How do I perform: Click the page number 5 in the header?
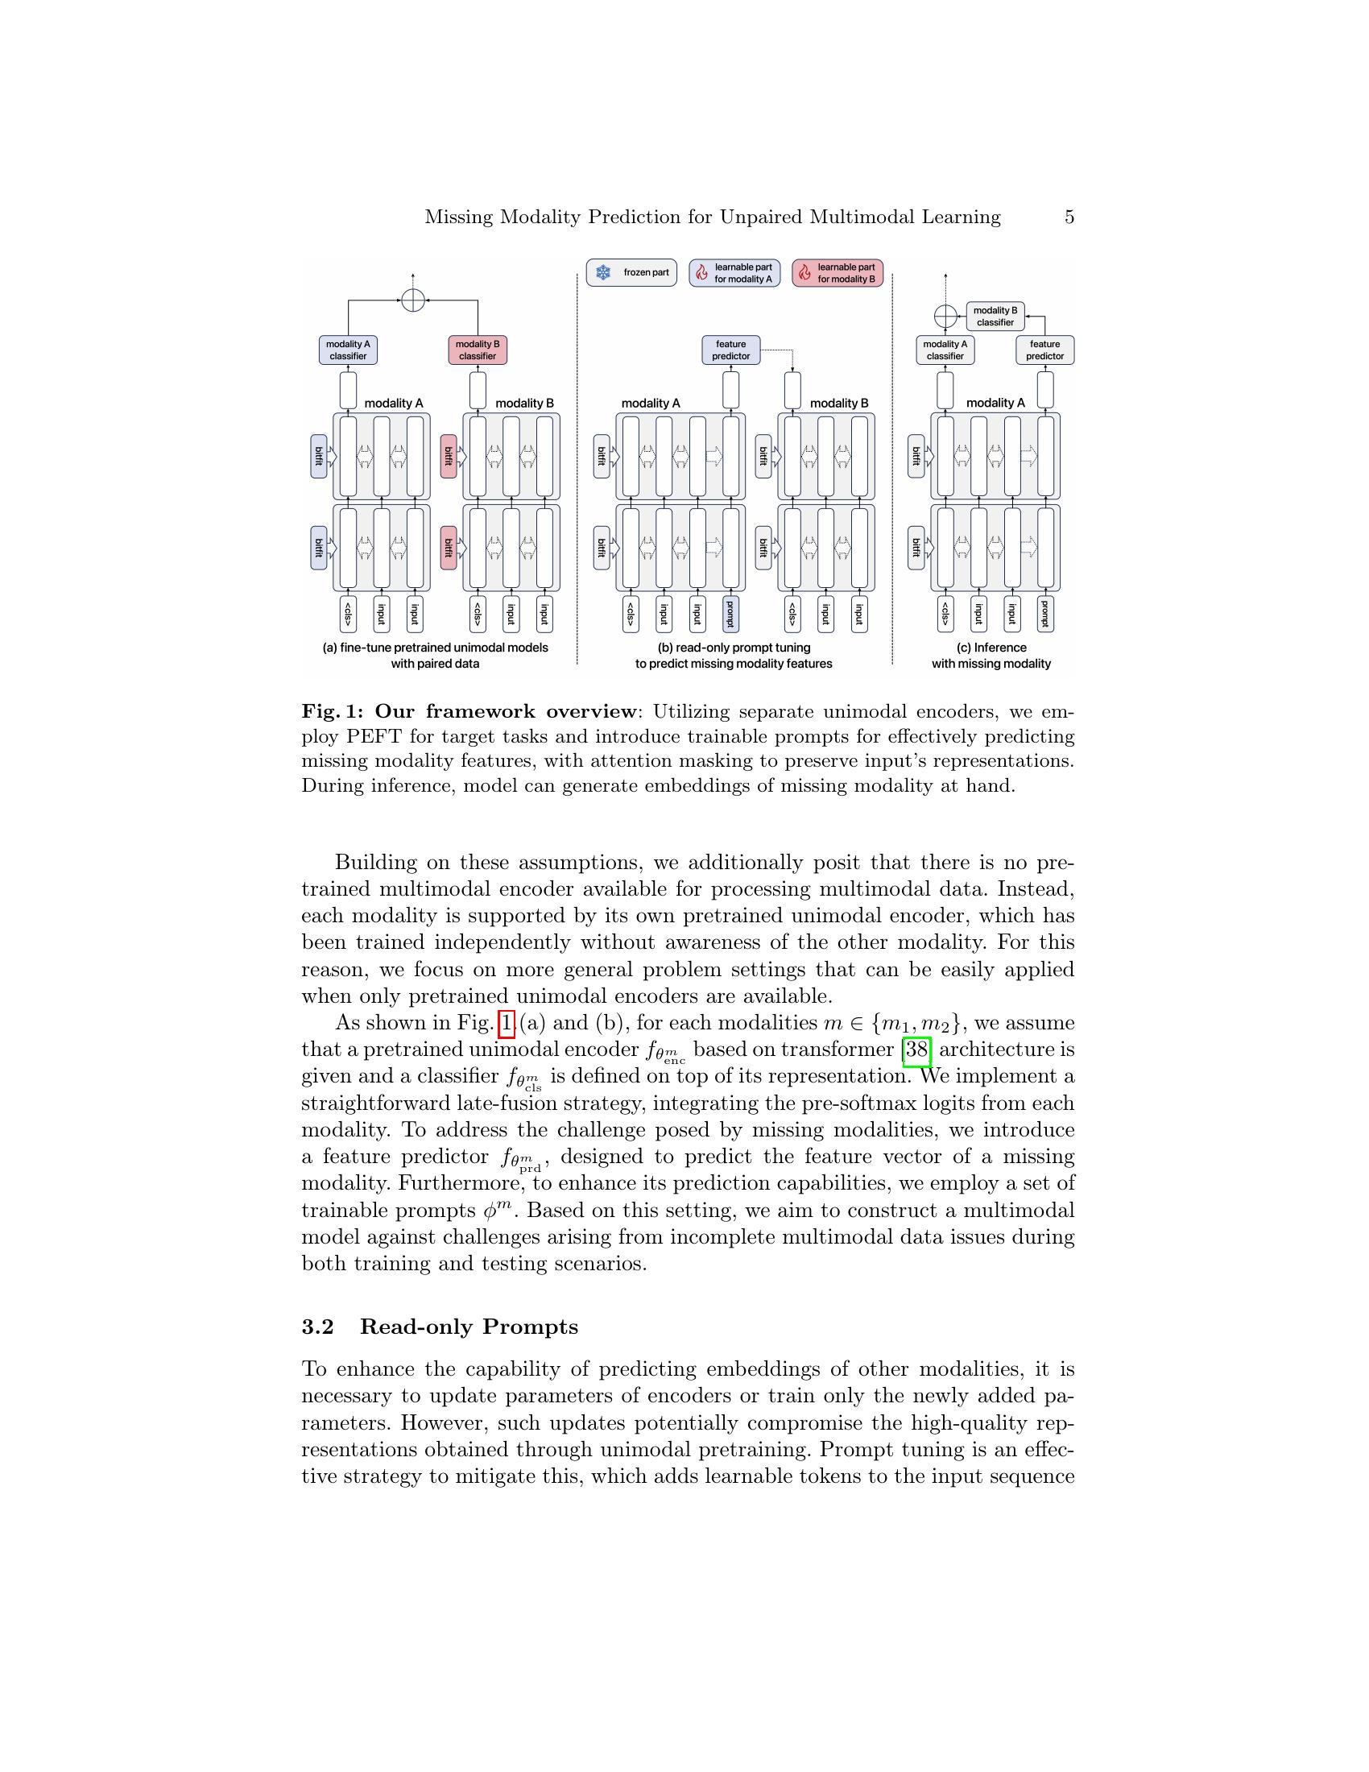[1069, 217]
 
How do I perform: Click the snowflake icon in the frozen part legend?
[603, 273]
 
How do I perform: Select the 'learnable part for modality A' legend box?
[734, 273]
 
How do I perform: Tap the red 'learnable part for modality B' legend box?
[837, 273]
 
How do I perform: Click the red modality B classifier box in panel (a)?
[478, 350]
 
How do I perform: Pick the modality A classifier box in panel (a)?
[348, 350]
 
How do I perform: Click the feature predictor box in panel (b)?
[730, 350]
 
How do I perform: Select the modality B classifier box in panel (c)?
[995, 317]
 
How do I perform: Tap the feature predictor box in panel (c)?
[1044, 350]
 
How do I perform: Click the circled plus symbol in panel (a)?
[413, 300]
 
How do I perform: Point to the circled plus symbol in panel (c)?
[945, 316]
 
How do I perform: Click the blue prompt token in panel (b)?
[730, 615]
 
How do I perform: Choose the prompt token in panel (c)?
[1045, 615]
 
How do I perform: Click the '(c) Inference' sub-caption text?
[991, 648]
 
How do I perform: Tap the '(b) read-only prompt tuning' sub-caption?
[733, 648]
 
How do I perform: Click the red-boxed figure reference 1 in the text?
[507, 1024]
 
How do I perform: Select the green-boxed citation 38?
[916, 1050]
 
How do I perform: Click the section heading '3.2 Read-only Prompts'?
[440, 1327]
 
